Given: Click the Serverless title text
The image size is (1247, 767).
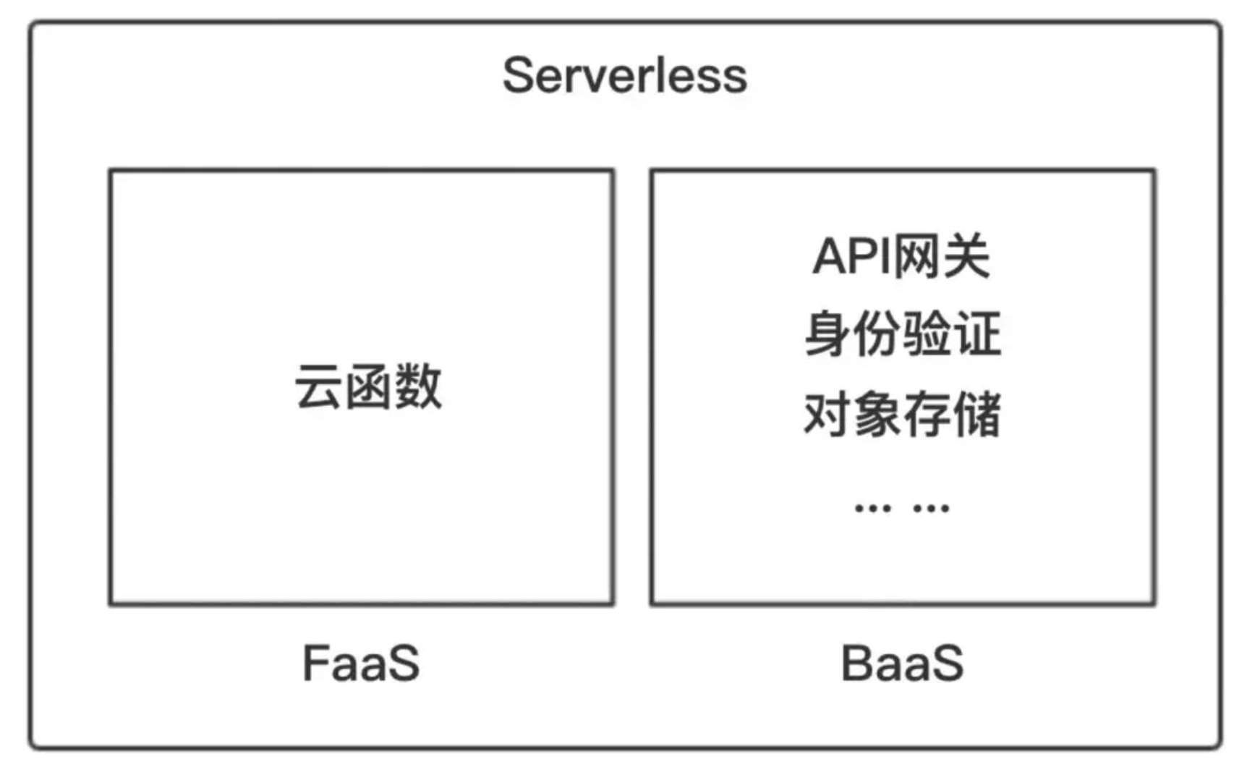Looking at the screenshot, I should (x=625, y=75).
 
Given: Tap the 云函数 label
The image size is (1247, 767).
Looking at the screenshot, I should (x=368, y=386).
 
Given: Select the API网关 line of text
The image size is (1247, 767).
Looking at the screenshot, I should (x=901, y=256).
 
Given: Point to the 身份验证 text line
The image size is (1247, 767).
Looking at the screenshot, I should (x=903, y=334).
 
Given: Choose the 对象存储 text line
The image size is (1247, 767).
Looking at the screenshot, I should (x=903, y=414).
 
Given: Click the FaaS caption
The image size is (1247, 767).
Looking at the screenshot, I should (x=361, y=663).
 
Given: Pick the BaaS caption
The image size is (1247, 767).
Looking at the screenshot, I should (x=902, y=663).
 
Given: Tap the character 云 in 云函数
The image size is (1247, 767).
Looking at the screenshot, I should (x=318, y=386).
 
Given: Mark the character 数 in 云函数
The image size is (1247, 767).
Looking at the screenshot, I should (x=419, y=386).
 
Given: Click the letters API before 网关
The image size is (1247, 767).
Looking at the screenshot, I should (x=851, y=256).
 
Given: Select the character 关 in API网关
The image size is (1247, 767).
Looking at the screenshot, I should (x=966, y=256).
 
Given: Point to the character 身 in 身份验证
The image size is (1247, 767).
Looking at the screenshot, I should (x=827, y=334).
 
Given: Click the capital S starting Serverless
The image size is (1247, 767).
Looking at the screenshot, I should (x=519, y=75).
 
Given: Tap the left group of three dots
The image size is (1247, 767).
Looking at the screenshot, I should (x=872, y=509).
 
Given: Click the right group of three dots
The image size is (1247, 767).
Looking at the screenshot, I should (x=931, y=509).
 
